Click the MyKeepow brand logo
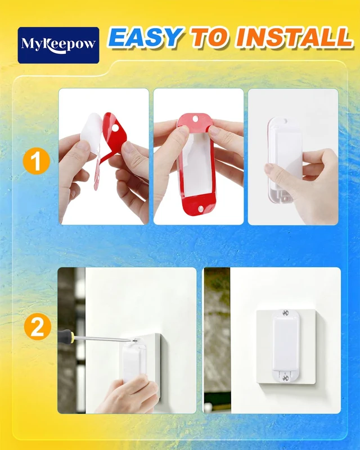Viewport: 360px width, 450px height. tap(58, 45)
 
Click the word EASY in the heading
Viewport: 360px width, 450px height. tap(146, 37)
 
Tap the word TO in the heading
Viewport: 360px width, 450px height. tap(210, 37)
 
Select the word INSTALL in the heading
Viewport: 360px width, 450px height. tap(294, 37)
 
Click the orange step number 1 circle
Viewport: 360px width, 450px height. tap(36, 161)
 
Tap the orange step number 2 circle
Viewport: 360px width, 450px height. tap(37, 327)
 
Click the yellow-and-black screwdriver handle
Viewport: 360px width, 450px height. tap(66, 336)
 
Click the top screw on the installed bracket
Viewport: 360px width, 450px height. tap(285, 313)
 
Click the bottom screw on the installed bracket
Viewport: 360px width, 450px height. tap(285, 378)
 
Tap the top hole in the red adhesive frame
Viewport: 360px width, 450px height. tap(195, 119)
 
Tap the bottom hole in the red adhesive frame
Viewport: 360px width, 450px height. tap(200, 208)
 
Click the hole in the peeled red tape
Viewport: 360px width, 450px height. tap(115, 128)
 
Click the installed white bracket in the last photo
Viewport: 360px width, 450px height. tap(286, 345)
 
